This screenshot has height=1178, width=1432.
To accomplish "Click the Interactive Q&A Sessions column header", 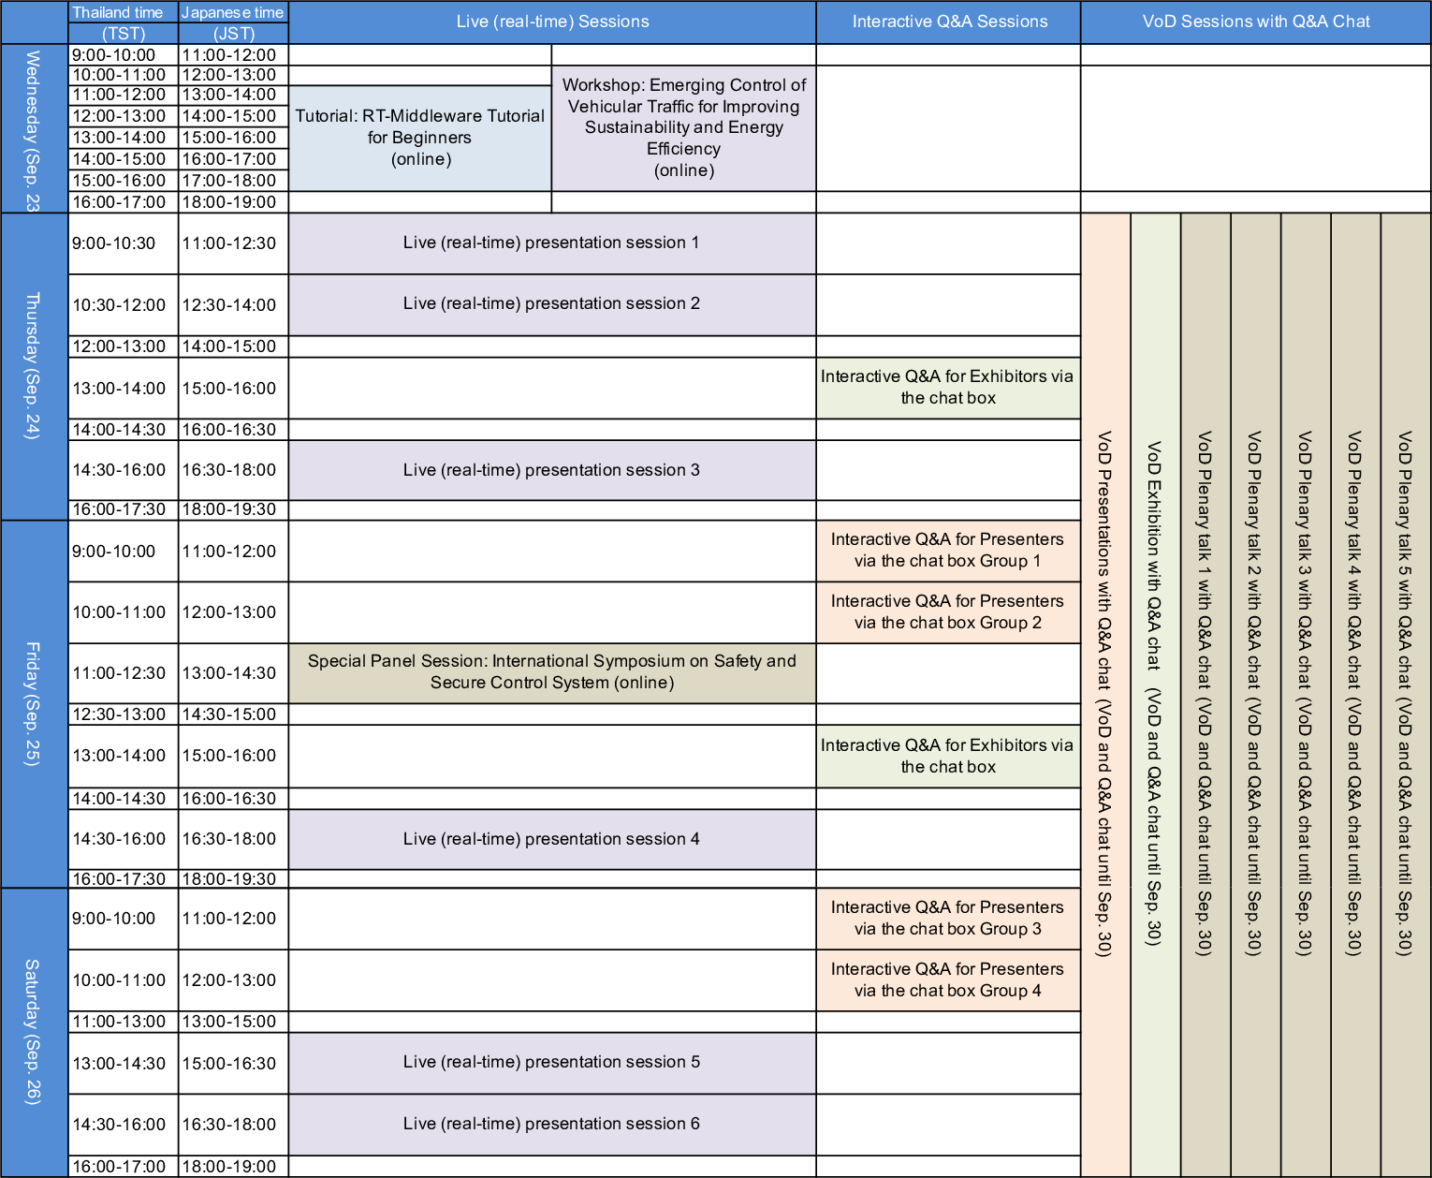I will (x=948, y=22).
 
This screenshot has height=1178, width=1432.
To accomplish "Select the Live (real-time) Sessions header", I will (x=552, y=22).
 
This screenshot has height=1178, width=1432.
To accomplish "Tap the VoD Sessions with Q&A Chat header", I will (x=1255, y=22).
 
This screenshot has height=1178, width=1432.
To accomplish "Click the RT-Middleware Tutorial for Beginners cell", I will (x=420, y=138).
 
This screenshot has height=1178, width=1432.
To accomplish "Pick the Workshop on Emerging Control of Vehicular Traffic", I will (x=684, y=127).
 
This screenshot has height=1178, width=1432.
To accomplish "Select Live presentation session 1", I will (x=551, y=243).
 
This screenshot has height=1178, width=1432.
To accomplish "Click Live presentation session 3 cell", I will (x=551, y=470).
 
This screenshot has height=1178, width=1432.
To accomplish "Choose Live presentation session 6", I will (x=551, y=1124).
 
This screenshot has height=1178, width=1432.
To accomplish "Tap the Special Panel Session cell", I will (x=551, y=672).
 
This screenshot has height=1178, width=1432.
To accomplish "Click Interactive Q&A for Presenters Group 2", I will (x=948, y=611).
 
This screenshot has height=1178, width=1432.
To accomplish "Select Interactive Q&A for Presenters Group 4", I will (x=948, y=979).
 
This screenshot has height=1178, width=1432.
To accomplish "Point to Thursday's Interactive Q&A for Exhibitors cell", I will (x=948, y=387).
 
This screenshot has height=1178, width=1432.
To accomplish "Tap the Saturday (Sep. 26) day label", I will (x=33, y=1032).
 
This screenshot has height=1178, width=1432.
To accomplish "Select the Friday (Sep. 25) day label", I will (x=33, y=704).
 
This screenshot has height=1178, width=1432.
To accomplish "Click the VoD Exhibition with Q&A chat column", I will (x=1155, y=693).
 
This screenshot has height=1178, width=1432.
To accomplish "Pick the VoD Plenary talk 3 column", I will (x=1305, y=693).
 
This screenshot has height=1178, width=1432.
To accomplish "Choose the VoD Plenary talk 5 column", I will (x=1405, y=693).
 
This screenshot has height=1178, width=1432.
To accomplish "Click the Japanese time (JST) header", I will (x=233, y=22).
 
